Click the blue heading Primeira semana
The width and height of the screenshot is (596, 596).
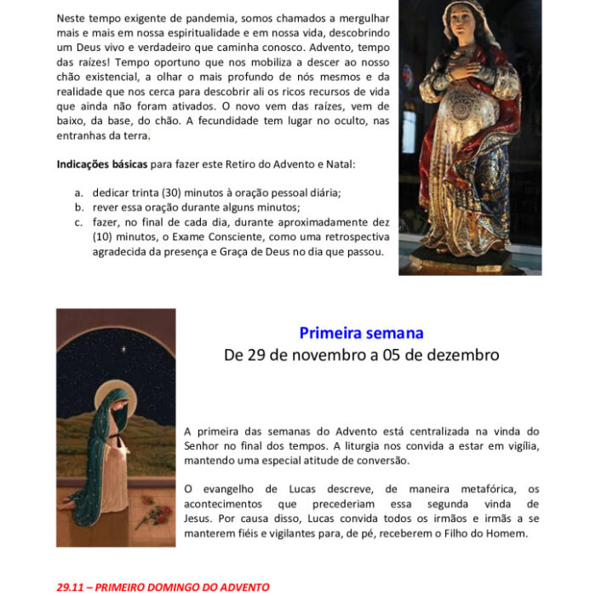coord(361,333)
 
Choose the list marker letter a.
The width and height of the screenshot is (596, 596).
coord(78,192)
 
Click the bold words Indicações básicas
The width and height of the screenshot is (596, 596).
coord(99,163)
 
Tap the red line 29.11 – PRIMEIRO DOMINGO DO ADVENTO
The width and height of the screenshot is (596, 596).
coord(163,587)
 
